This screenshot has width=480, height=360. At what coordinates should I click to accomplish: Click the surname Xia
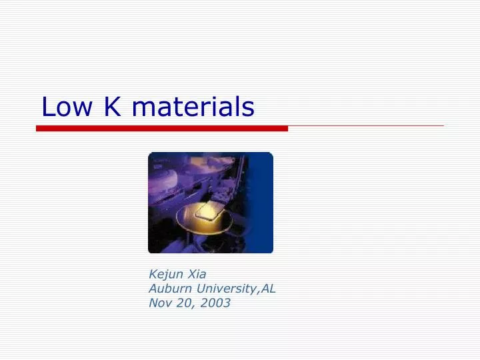tap(197, 274)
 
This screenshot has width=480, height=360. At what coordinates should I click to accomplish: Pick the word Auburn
tap(169, 289)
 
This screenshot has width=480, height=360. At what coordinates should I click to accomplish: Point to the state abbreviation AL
tap(269, 289)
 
